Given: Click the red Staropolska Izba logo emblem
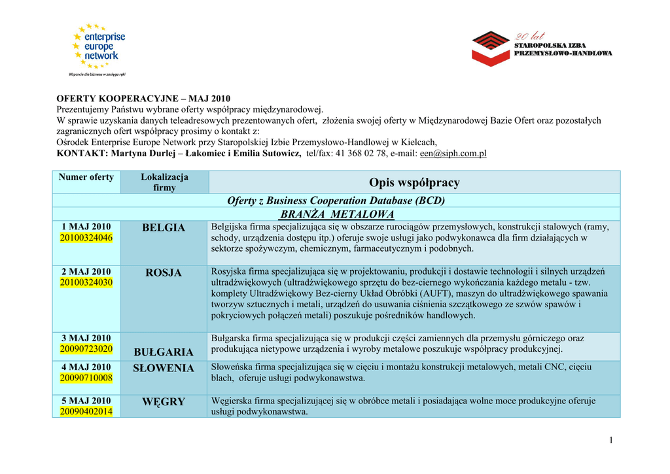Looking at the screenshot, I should point(491,48).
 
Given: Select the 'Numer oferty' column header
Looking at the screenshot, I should point(86,177).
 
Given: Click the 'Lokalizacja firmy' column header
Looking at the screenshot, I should point(164,182).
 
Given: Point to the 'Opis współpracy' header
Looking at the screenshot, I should point(414,182).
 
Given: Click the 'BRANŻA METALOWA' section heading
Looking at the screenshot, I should point(337,214).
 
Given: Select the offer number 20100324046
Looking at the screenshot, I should point(86,238).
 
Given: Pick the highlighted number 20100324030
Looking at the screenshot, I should point(86,282).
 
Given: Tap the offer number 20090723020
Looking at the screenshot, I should point(86,349).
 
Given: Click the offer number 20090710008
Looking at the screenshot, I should point(86,378).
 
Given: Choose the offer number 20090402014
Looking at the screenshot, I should point(86,411).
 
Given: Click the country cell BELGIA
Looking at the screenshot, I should point(164,228).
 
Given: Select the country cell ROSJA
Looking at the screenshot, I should point(164,273).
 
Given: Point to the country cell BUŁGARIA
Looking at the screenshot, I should point(164,352).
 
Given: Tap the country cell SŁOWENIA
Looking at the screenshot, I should point(164,368).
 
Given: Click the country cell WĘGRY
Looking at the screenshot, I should point(164,401).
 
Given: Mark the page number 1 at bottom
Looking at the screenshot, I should point(610,440).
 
